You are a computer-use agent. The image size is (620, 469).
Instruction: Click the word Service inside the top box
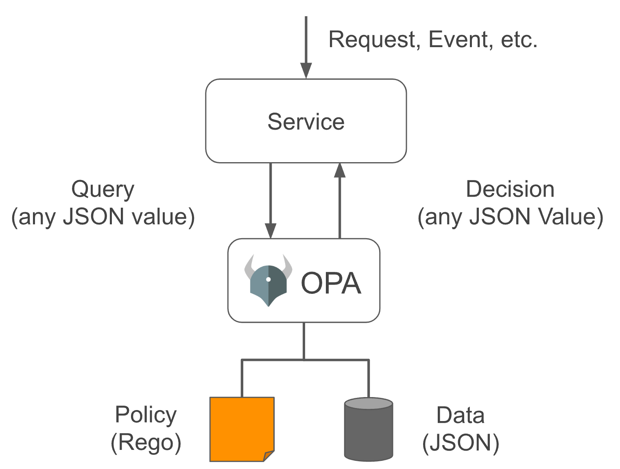pyautogui.click(x=306, y=122)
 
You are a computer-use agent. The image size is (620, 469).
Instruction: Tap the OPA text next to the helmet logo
pyautogui.click(x=330, y=283)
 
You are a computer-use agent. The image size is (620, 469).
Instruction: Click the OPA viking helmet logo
pyautogui.click(x=268, y=280)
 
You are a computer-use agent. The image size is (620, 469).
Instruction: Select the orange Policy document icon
pyautogui.click(x=242, y=429)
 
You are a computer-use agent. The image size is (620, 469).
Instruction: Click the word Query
pyautogui.click(x=103, y=189)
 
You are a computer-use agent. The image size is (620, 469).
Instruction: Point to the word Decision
pyautogui.click(x=510, y=189)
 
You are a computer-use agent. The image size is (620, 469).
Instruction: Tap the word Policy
pyautogui.click(x=146, y=415)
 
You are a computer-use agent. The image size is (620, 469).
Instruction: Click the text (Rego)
pyautogui.click(x=146, y=442)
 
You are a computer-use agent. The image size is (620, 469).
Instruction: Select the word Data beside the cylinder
pyautogui.click(x=460, y=415)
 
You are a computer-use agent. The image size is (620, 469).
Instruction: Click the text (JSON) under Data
pyautogui.click(x=460, y=443)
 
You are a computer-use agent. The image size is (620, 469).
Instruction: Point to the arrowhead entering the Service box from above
pyautogui.click(x=306, y=71)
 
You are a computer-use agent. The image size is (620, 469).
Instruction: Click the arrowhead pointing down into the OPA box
pyautogui.click(x=271, y=231)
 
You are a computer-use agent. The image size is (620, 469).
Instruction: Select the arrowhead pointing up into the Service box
pyautogui.click(x=340, y=170)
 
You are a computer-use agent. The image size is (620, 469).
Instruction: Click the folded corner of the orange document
pyautogui.click(x=269, y=456)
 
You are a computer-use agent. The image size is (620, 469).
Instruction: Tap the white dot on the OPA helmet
pyautogui.click(x=268, y=279)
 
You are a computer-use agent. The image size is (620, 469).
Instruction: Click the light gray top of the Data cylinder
pyautogui.click(x=369, y=403)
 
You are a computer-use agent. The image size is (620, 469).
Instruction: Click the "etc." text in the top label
pyautogui.click(x=519, y=40)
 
